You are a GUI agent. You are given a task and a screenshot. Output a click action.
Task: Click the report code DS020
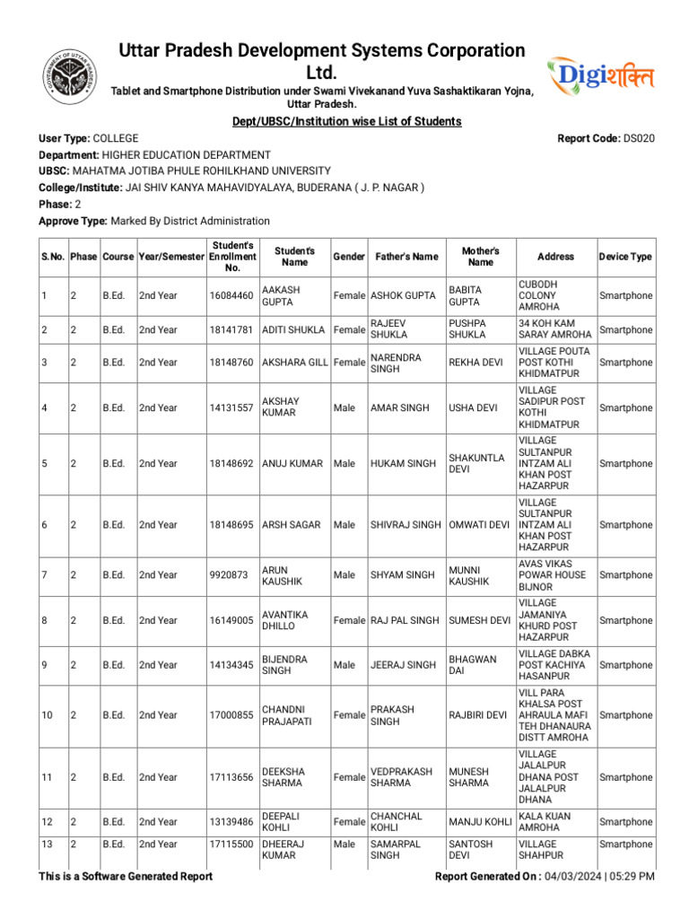pos(639,138)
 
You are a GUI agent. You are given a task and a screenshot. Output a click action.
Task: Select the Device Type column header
pos(625,257)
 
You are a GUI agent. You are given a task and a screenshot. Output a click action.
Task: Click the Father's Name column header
pos(406,257)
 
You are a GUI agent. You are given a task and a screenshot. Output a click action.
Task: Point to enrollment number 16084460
pos(231,296)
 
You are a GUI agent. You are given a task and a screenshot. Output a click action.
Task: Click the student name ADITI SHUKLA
pos(293,330)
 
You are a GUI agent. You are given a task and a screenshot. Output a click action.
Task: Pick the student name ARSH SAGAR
pos(291,525)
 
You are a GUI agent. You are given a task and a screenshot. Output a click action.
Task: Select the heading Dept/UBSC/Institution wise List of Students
pos(346,121)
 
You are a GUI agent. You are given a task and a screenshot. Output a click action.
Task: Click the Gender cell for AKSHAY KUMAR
pos(344,408)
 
